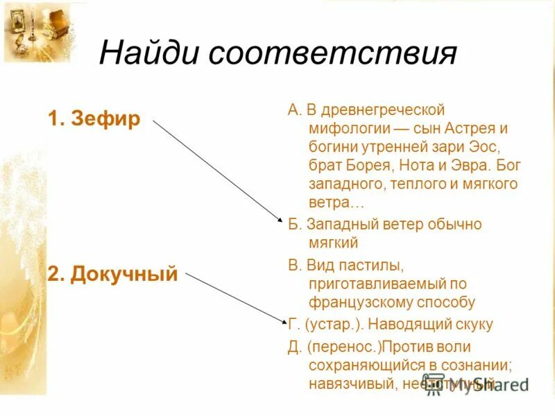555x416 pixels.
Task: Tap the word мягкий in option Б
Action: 334,243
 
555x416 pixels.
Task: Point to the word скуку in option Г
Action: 473,324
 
